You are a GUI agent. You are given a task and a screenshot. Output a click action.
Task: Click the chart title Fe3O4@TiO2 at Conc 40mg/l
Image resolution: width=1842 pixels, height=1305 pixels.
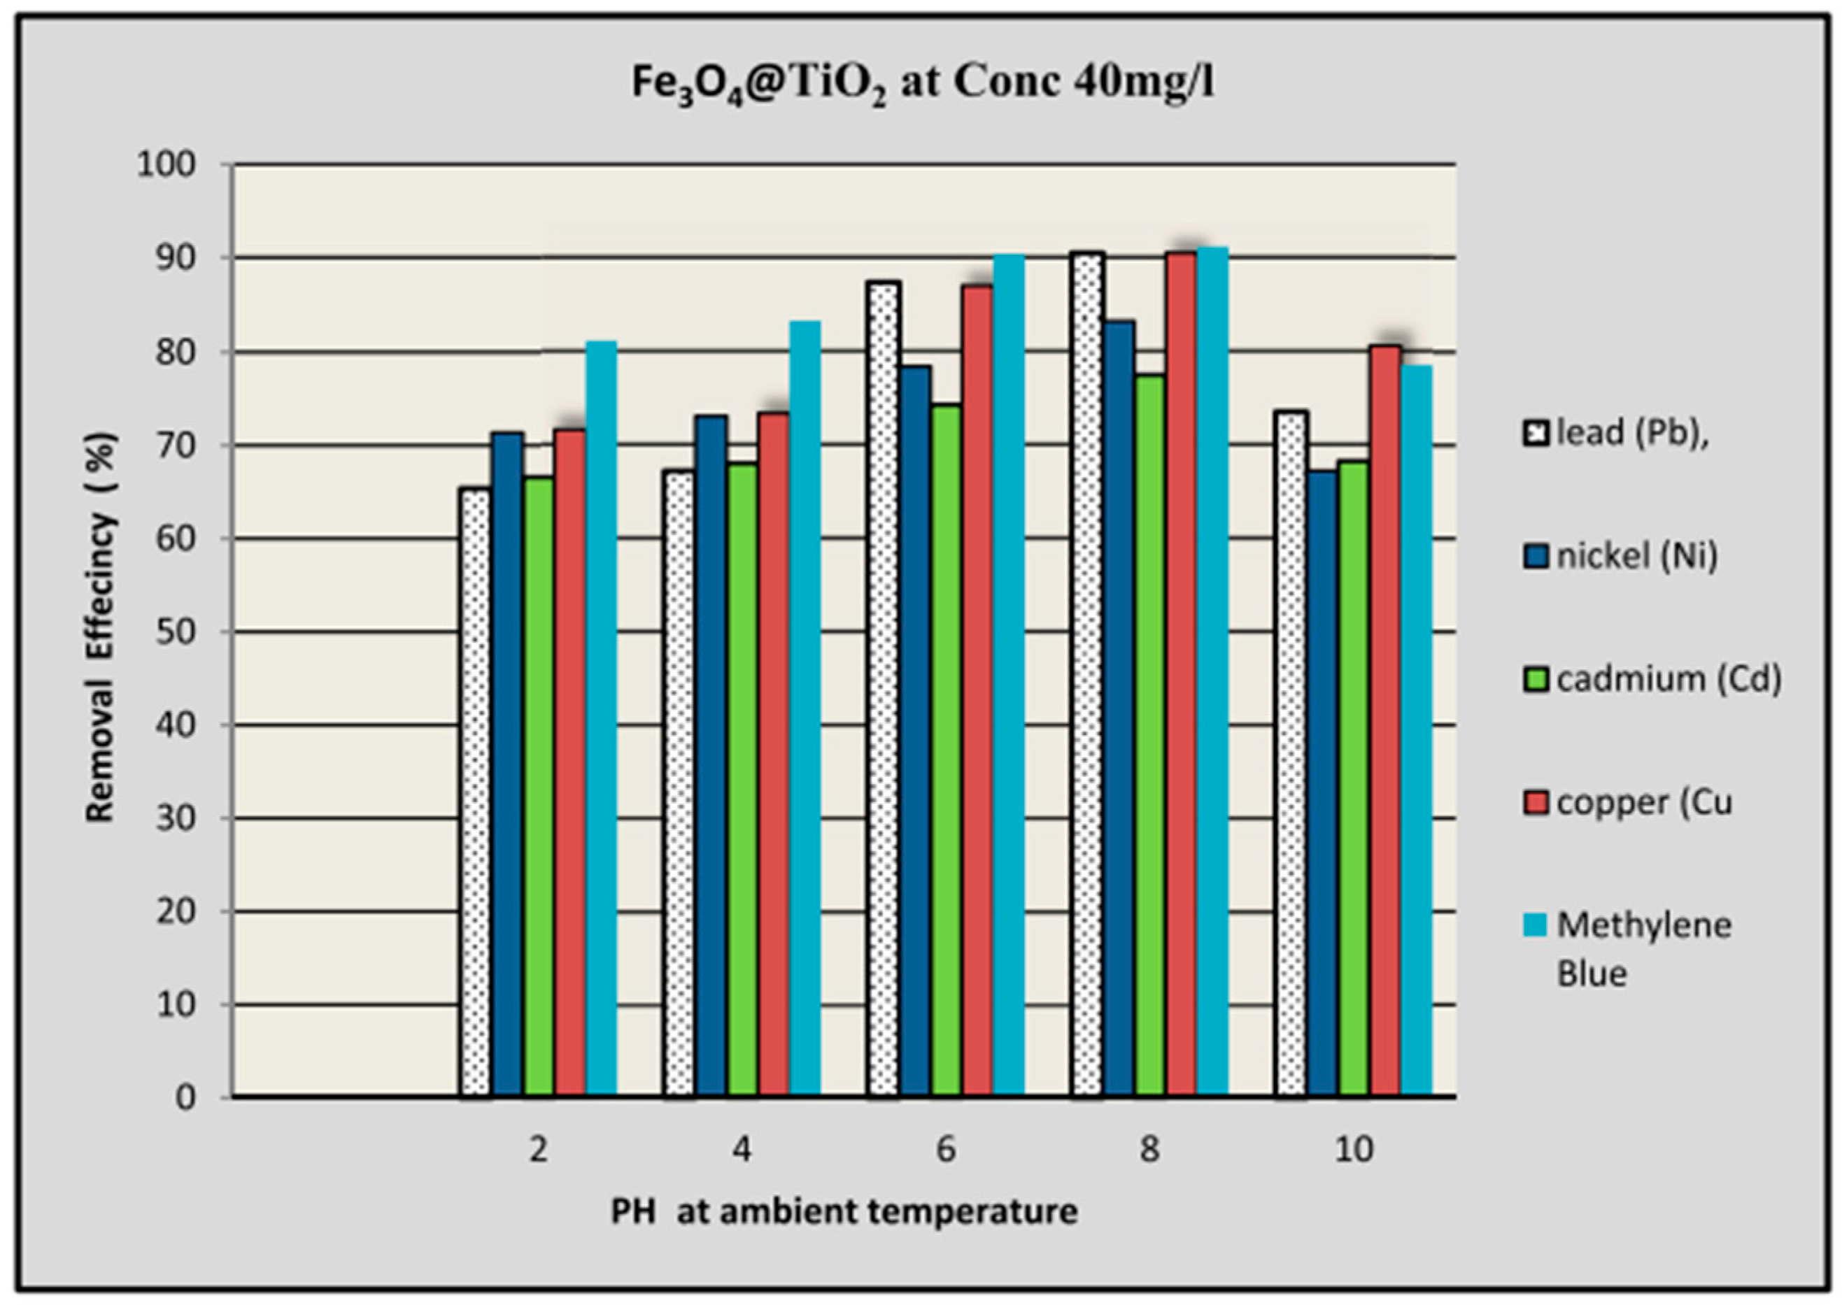(922, 83)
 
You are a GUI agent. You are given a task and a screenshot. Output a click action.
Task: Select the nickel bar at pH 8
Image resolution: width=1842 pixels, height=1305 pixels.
(1118, 707)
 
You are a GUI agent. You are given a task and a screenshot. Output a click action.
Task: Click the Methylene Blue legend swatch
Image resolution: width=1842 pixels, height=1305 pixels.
(1533, 927)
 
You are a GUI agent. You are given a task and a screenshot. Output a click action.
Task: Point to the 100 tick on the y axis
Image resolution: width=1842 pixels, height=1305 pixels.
(167, 166)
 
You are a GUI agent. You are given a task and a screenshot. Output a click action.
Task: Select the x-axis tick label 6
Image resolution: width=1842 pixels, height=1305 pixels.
(946, 1150)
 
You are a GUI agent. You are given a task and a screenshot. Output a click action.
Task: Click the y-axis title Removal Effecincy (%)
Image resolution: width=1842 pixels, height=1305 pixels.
(101, 627)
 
